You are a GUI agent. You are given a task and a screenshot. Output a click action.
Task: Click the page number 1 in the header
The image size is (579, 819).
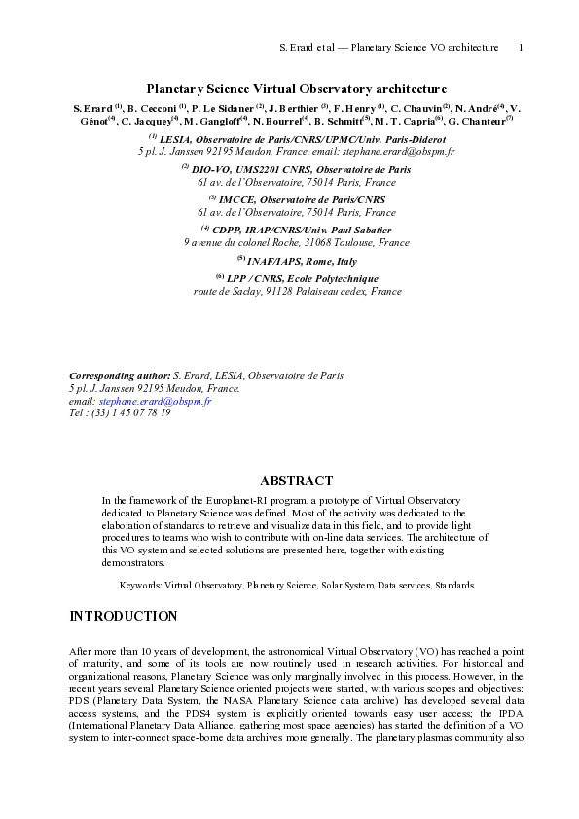coord(521,47)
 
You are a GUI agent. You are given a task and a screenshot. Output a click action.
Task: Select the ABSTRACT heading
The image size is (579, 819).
coord(296,481)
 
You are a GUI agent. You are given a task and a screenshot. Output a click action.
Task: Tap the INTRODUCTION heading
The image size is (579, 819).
coord(124,616)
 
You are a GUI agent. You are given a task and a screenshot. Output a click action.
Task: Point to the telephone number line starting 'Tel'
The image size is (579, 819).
coord(121,412)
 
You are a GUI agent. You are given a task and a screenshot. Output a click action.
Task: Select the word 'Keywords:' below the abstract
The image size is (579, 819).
coord(140,586)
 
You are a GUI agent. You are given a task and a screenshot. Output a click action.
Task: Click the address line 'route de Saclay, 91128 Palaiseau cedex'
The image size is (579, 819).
coord(296,291)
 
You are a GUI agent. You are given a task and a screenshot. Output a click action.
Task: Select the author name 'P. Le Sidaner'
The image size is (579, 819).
coord(222,107)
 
